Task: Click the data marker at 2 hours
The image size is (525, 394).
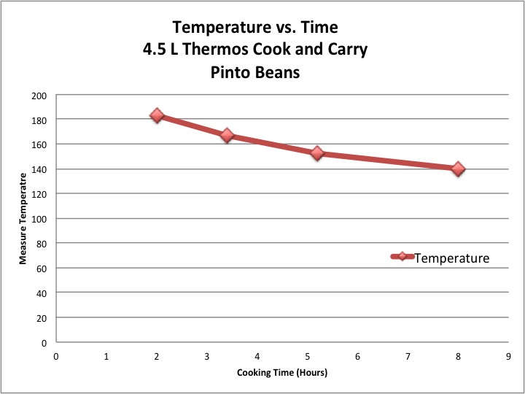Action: [x=157, y=115]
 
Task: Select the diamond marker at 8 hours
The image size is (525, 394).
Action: [x=458, y=169]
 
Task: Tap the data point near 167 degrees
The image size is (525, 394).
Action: [x=227, y=135]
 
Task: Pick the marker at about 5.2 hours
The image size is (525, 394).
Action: [x=317, y=153]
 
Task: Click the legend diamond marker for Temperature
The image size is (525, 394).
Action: [x=402, y=257]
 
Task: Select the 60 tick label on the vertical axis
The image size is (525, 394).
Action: [x=44, y=269]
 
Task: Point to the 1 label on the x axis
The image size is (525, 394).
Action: [x=106, y=357]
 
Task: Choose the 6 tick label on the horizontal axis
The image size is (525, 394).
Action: [x=358, y=357]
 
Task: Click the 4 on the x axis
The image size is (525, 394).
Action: [x=257, y=357]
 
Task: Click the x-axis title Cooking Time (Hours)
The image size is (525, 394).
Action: [x=282, y=372]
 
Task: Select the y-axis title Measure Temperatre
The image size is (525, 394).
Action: [x=24, y=219]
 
